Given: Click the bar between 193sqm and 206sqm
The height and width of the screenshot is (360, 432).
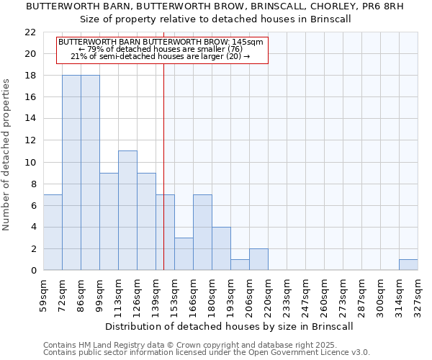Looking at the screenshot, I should (x=240, y=265).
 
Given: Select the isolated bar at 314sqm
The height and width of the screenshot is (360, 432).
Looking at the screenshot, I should (x=408, y=265).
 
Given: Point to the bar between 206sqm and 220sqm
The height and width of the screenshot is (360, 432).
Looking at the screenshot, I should (x=258, y=259).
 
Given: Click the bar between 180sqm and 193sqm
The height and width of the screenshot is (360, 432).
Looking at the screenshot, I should (x=221, y=248).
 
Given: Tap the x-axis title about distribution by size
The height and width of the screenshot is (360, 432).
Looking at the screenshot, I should (x=230, y=326).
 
